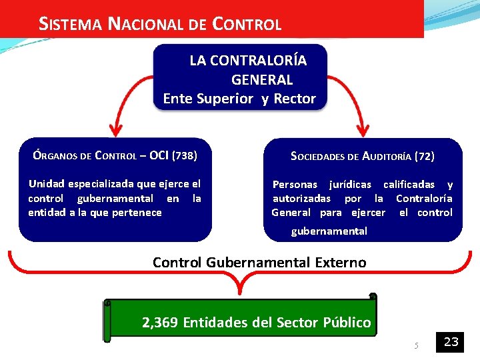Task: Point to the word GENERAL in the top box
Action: (262, 80)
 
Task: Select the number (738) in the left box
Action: (185, 157)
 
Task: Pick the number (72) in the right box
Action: (424, 157)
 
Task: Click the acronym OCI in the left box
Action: (159, 157)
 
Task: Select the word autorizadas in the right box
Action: (301, 199)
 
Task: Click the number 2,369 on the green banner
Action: (160, 323)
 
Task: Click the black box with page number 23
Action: (451, 342)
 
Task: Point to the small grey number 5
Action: (415, 345)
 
